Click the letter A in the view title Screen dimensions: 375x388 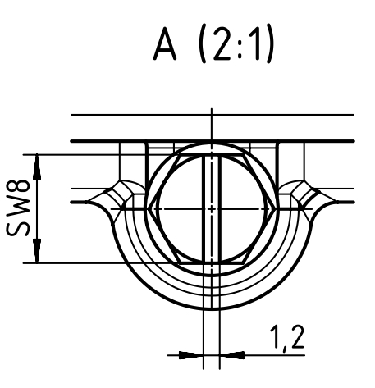point(165,43)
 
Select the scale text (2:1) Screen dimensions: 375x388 point(236,43)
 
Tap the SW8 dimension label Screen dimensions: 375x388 point(18,208)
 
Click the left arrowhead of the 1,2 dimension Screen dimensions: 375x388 point(191,355)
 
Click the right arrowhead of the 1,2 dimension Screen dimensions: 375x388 point(232,355)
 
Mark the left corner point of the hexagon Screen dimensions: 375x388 point(148,209)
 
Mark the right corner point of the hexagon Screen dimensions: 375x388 point(275,209)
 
